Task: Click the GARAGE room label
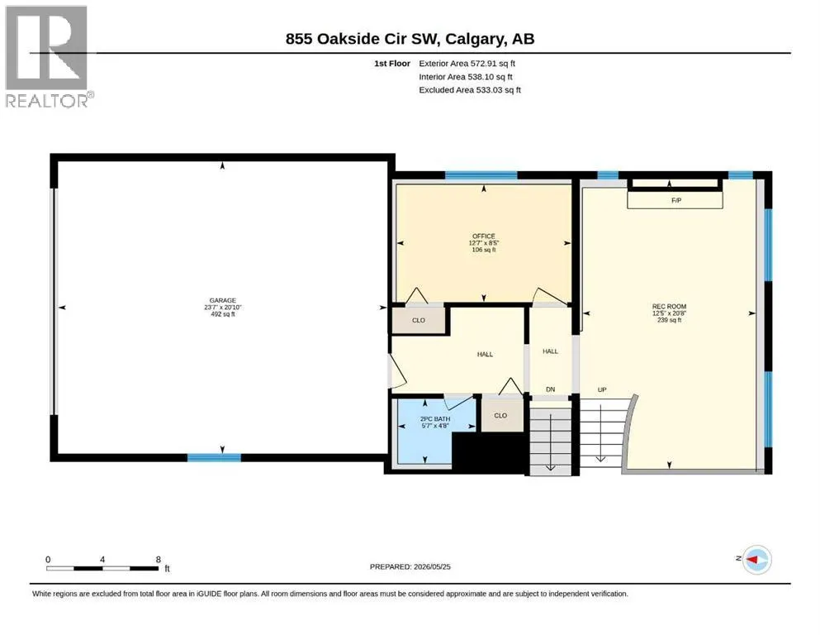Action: point(223,300)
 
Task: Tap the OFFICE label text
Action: point(484,236)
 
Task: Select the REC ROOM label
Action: point(669,306)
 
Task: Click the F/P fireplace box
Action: point(675,200)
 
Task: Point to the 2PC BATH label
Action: point(435,419)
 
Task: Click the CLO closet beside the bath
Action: point(502,415)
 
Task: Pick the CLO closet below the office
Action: point(419,320)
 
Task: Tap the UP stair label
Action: point(602,390)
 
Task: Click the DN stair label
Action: point(550,389)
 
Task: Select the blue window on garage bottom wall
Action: point(215,457)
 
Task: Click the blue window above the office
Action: point(481,175)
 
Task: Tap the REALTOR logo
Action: point(47,56)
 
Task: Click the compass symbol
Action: point(756,560)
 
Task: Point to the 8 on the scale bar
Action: point(158,559)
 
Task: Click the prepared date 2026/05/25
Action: point(432,566)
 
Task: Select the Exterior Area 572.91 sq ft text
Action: point(467,64)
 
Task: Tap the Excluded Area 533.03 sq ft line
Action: point(470,90)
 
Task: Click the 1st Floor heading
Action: point(392,64)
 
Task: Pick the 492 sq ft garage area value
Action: point(223,314)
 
